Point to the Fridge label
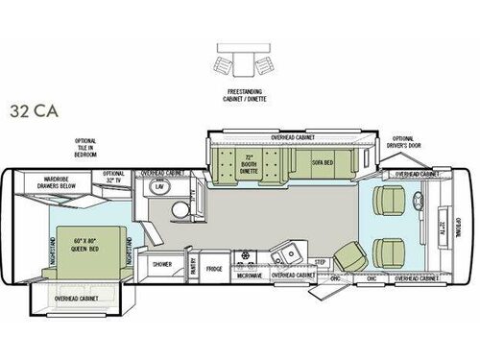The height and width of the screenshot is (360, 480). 214,269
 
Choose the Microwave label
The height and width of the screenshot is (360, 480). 248,276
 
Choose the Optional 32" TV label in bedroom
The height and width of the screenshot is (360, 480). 114,177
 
